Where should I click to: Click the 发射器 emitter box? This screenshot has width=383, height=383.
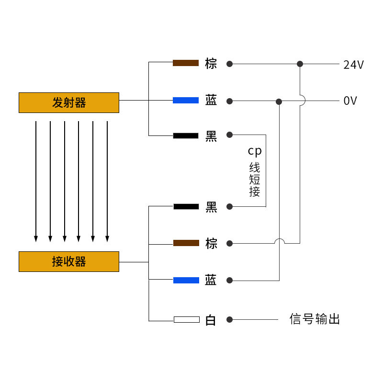tap(69, 102)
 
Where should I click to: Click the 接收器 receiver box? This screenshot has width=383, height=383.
tap(69, 261)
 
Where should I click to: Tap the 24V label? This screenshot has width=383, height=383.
tap(353, 65)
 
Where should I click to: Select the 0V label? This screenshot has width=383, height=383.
tap(350, 101)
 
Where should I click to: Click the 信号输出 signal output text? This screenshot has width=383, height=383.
tap(315, 319)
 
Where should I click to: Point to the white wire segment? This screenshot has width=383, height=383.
tap(186, 319)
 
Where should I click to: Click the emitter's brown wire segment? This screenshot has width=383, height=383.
tap(186, 63)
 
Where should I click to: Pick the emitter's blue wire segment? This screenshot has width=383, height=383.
tap(186, 100)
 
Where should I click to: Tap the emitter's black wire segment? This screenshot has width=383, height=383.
tap(186, 135)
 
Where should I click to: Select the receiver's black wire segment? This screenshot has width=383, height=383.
tap(186, 206)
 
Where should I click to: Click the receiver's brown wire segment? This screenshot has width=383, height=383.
tap(186, 243)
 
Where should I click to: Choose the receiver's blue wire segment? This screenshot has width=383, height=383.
tap(186, 280)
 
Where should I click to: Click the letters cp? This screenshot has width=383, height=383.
tap(255, 151)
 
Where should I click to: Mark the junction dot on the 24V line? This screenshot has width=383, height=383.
tap(300, 64)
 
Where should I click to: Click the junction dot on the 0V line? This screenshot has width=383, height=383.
tap(279, 101)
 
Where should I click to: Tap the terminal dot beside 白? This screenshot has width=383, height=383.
tap(230, 319)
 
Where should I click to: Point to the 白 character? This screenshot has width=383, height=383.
tap(211, 320)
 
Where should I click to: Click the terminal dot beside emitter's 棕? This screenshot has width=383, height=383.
tap(230, 64)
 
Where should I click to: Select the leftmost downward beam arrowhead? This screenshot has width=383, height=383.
tap(36, 238)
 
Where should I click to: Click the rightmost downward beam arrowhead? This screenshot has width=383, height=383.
tap(107, 238)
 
